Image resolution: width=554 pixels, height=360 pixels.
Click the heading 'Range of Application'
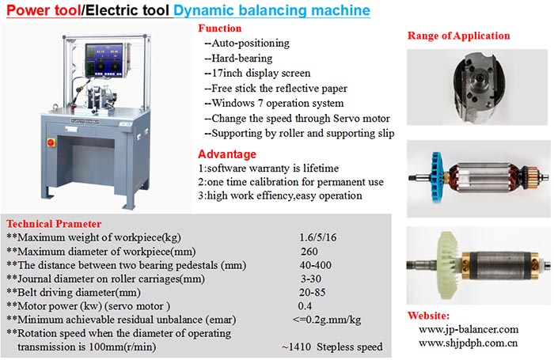[458, 36]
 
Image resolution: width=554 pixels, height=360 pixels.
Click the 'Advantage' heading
[226, 154]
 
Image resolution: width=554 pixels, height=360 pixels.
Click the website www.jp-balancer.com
[468, 329]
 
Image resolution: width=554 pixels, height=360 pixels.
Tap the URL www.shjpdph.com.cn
[468, 343]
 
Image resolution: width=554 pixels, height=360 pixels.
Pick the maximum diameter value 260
[309, 251]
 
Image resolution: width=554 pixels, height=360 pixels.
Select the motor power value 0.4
[305, 305]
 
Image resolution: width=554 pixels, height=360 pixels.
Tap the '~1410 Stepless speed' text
[331, 347]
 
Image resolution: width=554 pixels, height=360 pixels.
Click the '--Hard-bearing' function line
[241, 58]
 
